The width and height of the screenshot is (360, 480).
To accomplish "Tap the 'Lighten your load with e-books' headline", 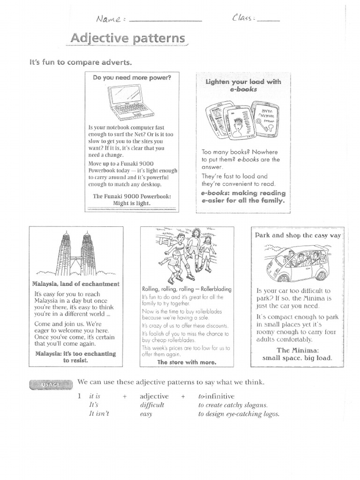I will (243, 85).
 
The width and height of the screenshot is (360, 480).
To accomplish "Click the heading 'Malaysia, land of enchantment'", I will (75, 284).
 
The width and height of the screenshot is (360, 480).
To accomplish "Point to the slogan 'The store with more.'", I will (187, 362).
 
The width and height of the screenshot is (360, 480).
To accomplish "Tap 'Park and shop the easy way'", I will (298, 235).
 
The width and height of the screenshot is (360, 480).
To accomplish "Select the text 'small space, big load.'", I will (298, 358).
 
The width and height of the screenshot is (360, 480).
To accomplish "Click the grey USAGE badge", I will (51, 385).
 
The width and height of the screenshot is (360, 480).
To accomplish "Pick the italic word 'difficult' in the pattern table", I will (152, 405).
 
